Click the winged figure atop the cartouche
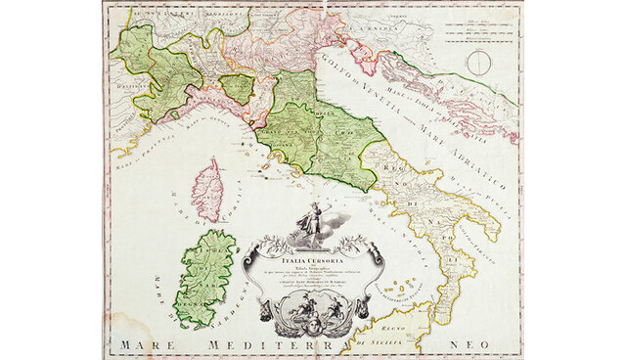[310, 219]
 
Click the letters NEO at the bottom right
[467, 345]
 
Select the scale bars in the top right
[478, 29]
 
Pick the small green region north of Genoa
[237, 88]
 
